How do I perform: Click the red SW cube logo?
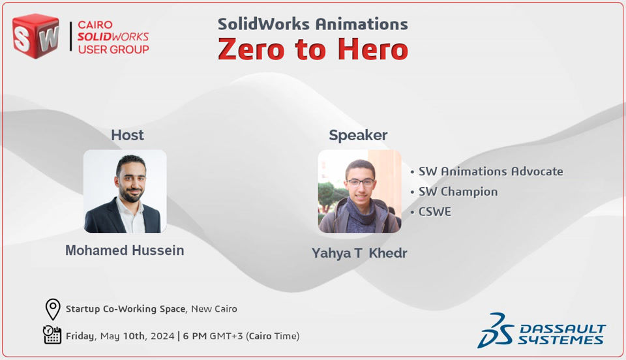point(36,36)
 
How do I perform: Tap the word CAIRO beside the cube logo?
point(95,25)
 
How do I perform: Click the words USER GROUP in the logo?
point(113,49)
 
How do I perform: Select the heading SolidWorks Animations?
point(312,24)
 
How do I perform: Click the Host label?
point(127,135)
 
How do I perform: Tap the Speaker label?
point(358,135)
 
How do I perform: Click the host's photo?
point(125,191)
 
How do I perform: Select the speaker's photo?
point(360,191)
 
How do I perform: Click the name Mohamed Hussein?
point(125,250)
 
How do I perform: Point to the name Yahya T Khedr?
point(359,253)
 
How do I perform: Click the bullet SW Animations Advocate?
point(490,172)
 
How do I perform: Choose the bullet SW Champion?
point(458,192)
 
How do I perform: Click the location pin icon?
point(53,309)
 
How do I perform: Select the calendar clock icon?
point(52,335)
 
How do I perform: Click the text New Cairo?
point(214,308)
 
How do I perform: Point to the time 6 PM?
point(195,336)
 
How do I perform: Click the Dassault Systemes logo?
point(541,330)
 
